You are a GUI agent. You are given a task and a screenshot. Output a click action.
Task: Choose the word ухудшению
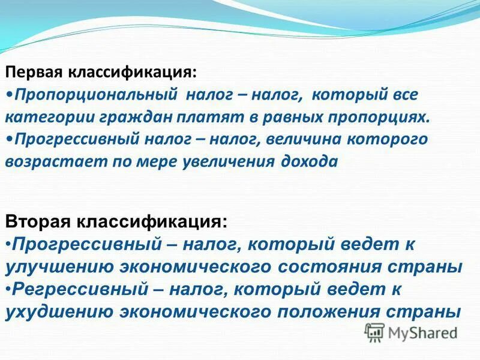[58, 311]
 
